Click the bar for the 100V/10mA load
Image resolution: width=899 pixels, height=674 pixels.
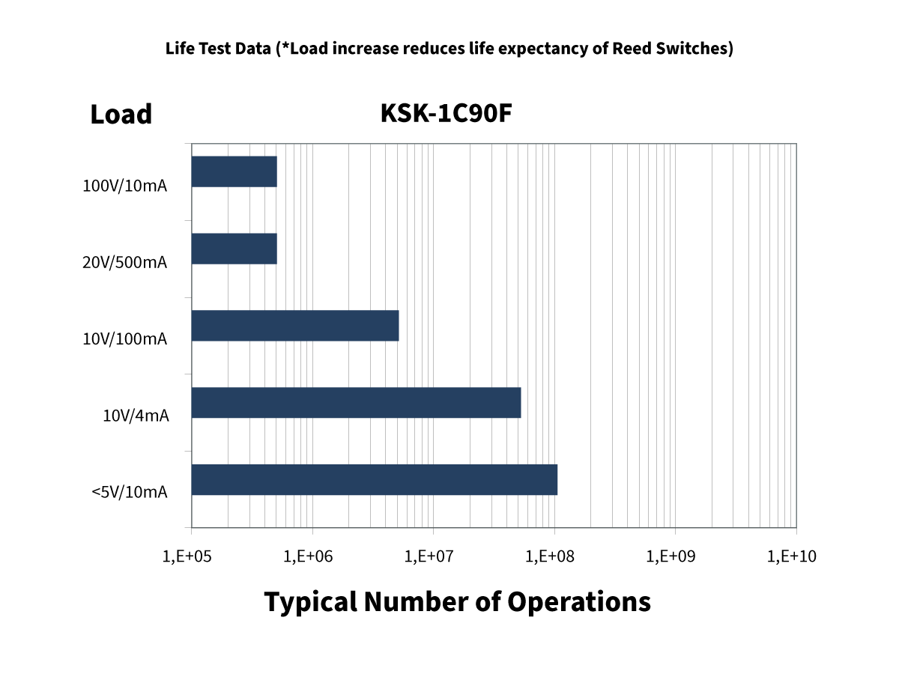point(234,171)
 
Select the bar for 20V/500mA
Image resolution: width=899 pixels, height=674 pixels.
point(234,249)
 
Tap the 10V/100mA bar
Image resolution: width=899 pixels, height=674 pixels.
point(295,325)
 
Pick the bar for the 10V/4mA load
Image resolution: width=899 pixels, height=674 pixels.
point(356,402)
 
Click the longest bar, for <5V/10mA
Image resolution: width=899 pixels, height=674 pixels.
point(375,479)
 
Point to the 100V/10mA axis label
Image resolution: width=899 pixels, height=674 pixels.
point(124,186)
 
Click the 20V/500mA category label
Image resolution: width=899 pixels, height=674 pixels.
point(124,263)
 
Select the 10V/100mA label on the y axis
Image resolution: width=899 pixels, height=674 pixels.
point(124,339)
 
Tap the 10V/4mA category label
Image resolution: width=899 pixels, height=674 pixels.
point(136,416)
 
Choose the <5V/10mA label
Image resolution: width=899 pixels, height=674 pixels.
point(130,492)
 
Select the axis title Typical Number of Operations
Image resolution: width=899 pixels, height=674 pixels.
point(457,601)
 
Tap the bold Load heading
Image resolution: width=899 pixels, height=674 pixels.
point(121,115)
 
